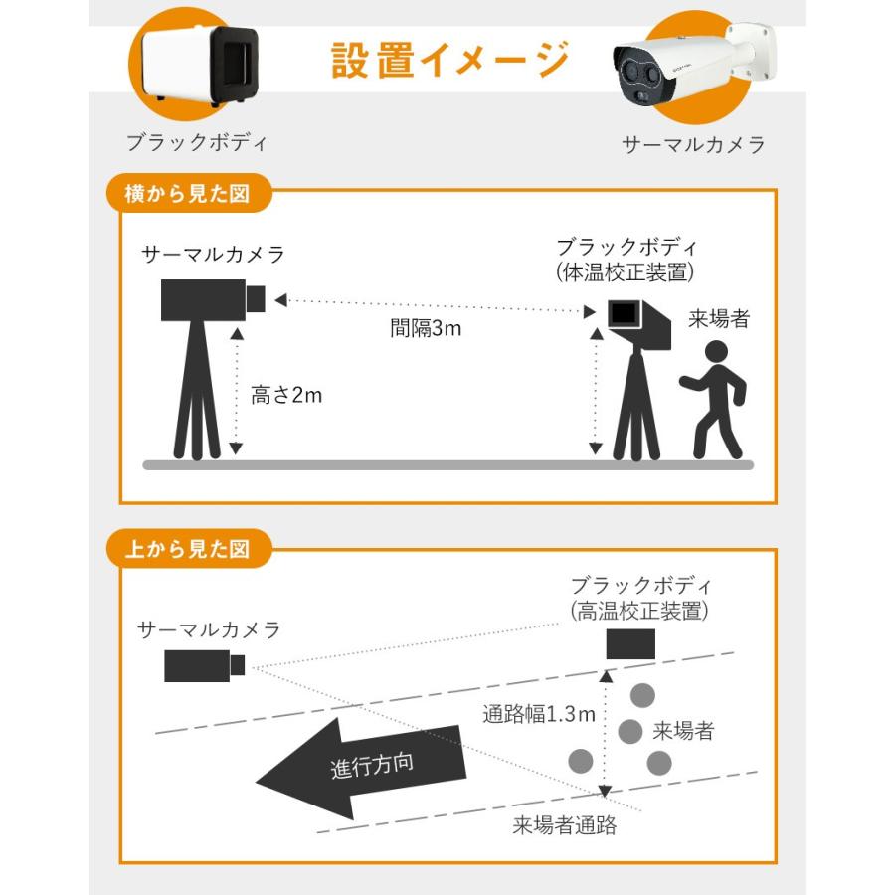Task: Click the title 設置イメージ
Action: [449, 60]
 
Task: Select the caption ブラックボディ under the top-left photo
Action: [197, 142]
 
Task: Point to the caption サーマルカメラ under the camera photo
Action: [693, 145]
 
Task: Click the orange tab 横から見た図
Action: [186, 194]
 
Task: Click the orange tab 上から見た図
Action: [186, 547]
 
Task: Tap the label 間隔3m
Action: [425, 328]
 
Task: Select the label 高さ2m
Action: [286, 395]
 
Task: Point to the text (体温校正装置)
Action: [625, 271]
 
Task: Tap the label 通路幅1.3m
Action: [538, 714]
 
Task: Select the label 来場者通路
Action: [565, 824]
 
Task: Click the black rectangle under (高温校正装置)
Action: [630, 644]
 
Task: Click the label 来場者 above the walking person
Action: [718, 320]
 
